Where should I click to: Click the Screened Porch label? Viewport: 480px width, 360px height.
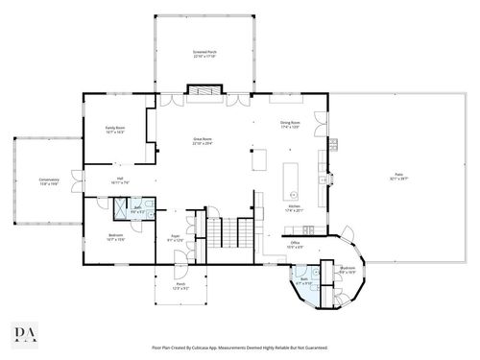(204, 54)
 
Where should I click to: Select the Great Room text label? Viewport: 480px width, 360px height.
(202, 140)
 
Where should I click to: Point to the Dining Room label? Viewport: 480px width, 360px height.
(290, 125)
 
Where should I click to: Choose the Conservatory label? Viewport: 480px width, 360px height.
(36, 180)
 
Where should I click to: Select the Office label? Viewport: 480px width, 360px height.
(296, 245)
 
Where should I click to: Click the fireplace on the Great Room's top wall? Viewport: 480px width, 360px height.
(202, 92)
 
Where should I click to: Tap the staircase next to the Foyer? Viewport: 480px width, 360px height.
(222, 233)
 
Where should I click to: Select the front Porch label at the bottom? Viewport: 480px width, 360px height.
(180, 286)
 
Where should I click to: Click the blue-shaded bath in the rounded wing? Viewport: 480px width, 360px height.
(306, 285)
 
